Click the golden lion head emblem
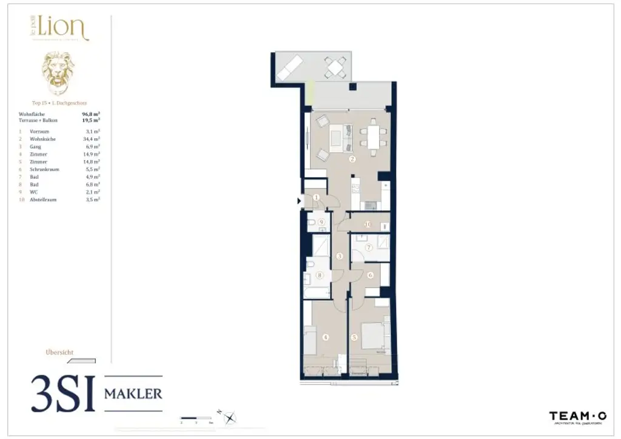coord(58,73)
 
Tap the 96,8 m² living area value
coord(91,113)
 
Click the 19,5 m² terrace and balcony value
coord(91,120)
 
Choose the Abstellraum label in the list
coord(43,199)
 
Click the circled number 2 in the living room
coord(352,160)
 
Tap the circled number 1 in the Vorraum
coord(316,197)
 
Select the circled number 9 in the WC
coord(321,223)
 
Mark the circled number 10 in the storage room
coord(368,224)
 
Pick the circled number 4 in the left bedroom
coord(326,338)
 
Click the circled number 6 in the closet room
coord(370,275)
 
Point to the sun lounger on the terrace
coord(290,67)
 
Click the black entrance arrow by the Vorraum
coord(299,201)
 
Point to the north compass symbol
coord(230,417)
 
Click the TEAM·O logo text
coord(577,415)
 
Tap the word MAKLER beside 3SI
coord(133,394)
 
